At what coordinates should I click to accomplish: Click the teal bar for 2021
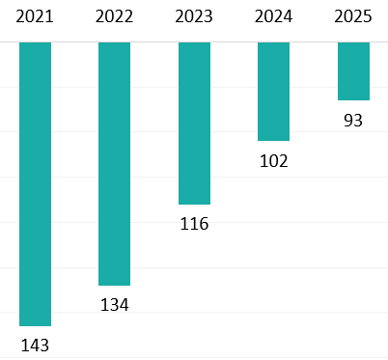[x=35, y=183]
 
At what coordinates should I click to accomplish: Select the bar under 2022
[x=114, y=164]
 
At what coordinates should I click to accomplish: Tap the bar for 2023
[x=194, y=124]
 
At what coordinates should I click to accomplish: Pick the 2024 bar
[x=273, y=92]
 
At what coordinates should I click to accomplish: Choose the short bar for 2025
[x=353, y=71]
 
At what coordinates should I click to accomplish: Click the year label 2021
[x=35, y=17]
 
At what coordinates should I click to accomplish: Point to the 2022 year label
[x=114, y=17]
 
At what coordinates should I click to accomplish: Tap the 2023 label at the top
[x=194, y=17]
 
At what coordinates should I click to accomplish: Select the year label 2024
[x=273, y=17]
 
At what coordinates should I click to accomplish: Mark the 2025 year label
[x=353, y=17]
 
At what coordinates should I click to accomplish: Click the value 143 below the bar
[x=35, y=345]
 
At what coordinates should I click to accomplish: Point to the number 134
[x=114, y=304]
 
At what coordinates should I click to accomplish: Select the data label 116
[x=194, y=224]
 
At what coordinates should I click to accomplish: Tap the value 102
[x=273, y=160]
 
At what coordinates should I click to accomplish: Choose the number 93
[x=353, y=120]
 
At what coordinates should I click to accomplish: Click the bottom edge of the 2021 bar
[x=35, y=325]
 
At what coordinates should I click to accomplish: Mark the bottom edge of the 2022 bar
[x=114, y=285]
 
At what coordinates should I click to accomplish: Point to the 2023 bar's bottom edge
[x=194, y=204]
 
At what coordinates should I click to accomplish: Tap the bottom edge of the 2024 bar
[x=273, y=141]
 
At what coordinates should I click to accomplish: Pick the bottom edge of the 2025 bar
[x=353, y=99]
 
